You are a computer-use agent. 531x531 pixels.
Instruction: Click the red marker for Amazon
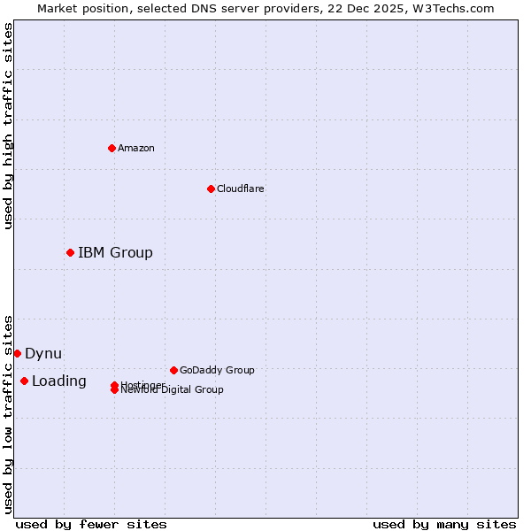(x=112, y=148)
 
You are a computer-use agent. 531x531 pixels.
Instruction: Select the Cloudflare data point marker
(x=211, y=189)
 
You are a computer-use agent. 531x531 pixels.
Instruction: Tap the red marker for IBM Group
(x=70, y=252)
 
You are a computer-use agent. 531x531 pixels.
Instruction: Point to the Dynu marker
(x=17, y=353)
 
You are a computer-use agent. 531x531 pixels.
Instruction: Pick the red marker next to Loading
(x=24, y=381)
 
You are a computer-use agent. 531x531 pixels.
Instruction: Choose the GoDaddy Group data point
(x=173, y=370)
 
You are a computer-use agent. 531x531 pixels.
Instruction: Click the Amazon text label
(x=136, y=148)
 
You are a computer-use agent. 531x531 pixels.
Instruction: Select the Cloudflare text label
(x=241, y=189)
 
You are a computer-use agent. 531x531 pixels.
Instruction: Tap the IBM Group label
(x=115, y=252)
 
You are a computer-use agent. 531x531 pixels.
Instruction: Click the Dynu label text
(x=43, y=353)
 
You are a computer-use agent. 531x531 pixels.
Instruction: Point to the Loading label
(x=59, y=381)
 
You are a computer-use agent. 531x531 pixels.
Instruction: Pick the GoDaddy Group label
(x=217, y=370)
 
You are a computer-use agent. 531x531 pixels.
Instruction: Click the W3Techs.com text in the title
(x=450, y=9)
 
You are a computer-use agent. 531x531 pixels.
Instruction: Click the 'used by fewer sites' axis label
(x=91, y=524)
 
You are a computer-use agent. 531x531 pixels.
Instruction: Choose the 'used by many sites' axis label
(x=444, y=524)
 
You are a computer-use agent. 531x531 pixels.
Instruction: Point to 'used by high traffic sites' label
(x=9, y=126)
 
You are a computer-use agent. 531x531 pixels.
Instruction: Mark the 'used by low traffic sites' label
(x=9, y=413)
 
